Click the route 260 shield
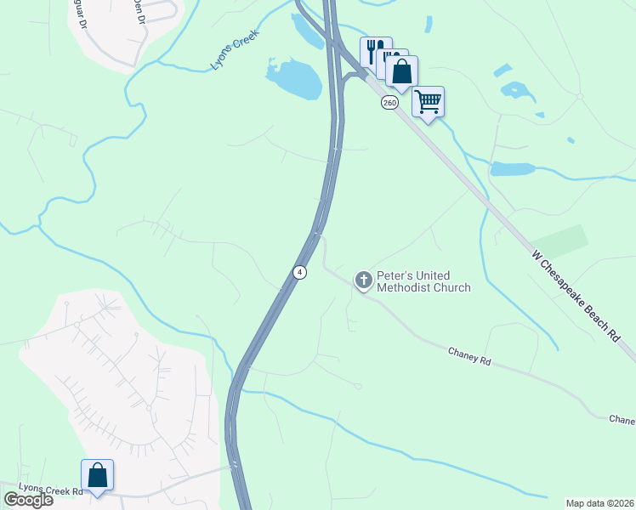point(389,102)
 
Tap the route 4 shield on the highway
point(299,272)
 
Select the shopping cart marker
point(428,102)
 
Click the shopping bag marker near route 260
point(401,71)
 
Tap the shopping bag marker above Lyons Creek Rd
point(97,475)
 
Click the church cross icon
point(363,280)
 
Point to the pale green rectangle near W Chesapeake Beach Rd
point(561,241)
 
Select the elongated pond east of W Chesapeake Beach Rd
point(512,168)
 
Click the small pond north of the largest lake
point(306,31)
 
